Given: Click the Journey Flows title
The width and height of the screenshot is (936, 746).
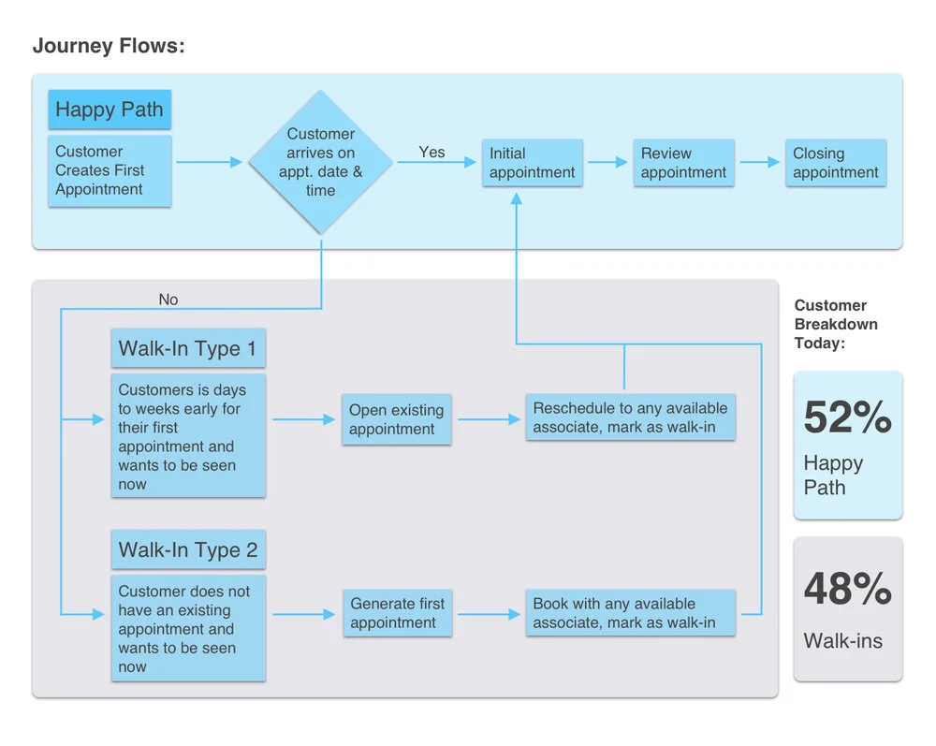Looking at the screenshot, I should (x=109, y=46).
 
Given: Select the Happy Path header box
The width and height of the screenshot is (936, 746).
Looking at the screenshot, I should (x=110, y=110).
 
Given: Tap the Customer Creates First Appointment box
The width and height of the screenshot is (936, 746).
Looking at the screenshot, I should (x=110, y=170).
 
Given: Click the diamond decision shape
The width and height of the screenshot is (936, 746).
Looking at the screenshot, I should (x=320, y=162).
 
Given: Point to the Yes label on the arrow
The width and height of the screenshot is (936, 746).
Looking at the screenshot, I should (x=431, y=152).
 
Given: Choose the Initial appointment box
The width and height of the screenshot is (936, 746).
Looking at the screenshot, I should (x=533, y=163).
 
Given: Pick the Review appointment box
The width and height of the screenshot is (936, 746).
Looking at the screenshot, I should (x=683, y=163).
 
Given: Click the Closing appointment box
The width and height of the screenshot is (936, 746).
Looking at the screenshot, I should (x=836, y=163).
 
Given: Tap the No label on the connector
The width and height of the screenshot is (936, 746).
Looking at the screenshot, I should (x=168, y=300).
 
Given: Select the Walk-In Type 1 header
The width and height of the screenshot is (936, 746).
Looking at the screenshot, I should (x=187, y=349).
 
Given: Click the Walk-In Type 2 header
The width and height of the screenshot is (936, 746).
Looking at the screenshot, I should (x=187, y=550).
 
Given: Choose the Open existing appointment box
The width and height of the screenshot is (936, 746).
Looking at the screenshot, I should (x=397, y=419).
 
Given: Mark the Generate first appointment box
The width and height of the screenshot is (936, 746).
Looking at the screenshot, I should (x=397, y=613).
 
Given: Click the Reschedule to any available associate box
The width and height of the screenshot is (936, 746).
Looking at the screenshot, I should (x=630, y=417).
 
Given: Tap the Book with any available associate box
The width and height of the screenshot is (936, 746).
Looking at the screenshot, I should (x=630, y=613).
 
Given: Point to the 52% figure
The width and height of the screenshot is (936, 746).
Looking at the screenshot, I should (x=847, y=417).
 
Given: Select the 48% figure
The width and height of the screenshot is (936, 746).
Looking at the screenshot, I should (x=847, y=589).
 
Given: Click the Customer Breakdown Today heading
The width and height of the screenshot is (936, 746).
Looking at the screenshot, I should (x=836, y=324).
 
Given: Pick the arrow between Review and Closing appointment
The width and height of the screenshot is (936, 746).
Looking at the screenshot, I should (x=760, y=162).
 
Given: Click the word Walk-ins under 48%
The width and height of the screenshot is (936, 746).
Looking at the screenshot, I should (x=842, y=641).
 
